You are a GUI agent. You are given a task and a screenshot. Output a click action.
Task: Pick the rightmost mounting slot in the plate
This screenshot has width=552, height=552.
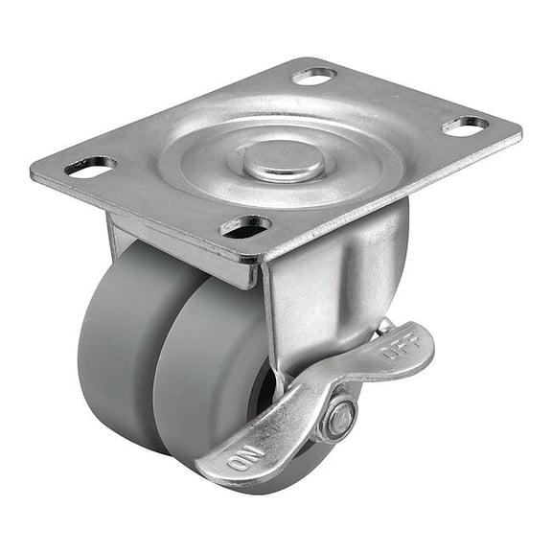(466, 125)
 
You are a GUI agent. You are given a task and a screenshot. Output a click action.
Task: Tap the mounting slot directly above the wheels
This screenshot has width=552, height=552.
(246, 226)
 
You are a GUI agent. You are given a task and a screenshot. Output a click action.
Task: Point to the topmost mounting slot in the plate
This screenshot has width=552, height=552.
(314, 75)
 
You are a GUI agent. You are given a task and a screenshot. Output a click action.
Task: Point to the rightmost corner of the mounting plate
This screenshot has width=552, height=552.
(520, 129)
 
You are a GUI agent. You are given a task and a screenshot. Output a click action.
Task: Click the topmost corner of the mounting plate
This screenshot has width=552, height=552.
(305, 60)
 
